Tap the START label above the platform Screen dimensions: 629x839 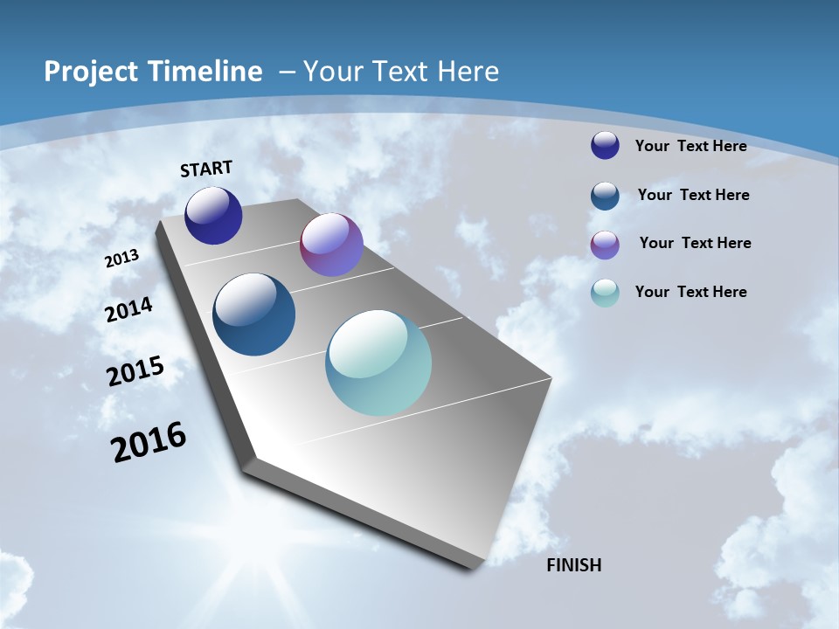pos(206,169)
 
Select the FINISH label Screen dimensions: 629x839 pos(574,565)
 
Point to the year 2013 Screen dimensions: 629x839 pos(121,259)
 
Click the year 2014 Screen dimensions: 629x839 pos(128,310)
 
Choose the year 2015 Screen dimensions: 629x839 pos(135,371)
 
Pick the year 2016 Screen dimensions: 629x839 pos(149,442)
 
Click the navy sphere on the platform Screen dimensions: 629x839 pos(213,216)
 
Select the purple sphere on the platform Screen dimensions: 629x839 pos(331,245)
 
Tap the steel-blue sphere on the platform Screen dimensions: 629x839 pos(253,314)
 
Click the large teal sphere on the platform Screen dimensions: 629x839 pos(378,363)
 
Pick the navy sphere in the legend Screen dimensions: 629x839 pos(605,145)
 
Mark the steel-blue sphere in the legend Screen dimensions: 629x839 pos(605,196)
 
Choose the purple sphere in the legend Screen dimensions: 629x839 pos(605,245)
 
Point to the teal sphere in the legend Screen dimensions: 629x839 pos(605,293)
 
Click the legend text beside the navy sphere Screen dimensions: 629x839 pos(690,146)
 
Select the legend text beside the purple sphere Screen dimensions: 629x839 pos(695,243)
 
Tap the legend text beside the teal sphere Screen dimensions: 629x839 pos(690,292)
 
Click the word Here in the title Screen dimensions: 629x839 pos(469,72)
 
